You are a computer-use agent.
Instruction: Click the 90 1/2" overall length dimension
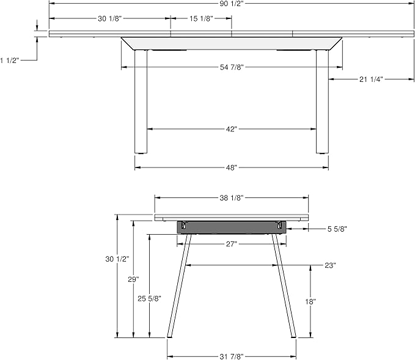[x=232, y=4]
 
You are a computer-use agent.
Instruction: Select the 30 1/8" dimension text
[x=110, y=19]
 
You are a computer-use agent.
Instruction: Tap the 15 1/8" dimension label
[x=201, y=19]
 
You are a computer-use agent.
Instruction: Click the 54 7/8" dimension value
[x=232, y=67]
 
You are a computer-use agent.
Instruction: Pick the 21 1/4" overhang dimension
[x=370, y=79]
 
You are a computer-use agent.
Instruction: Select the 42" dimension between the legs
[x=232, y=129]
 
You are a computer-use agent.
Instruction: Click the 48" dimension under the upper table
[x=232, y=167]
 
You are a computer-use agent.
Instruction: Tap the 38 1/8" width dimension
[x=232, y=197]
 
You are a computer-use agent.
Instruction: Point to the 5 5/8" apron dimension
[x=337, y=229]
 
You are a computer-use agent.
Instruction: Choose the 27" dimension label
[x=232, y=244]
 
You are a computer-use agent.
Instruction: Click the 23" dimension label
[x=330, y=265]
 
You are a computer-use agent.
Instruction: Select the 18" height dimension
[x=310, y=301]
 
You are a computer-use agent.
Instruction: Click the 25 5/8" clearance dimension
[x=149, y=298]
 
